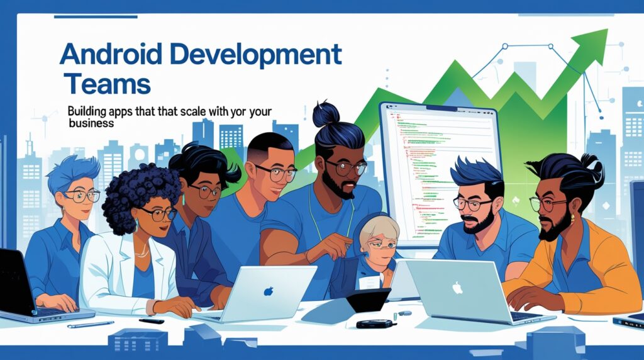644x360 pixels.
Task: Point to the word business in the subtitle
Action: pos(91,123)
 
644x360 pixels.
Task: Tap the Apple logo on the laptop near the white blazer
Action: pos(269,291)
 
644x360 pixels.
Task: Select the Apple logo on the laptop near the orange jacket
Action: pos(457,288)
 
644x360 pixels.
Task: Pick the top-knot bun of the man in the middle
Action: pos(326,115)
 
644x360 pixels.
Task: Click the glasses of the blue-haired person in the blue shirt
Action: pos(82,196)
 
